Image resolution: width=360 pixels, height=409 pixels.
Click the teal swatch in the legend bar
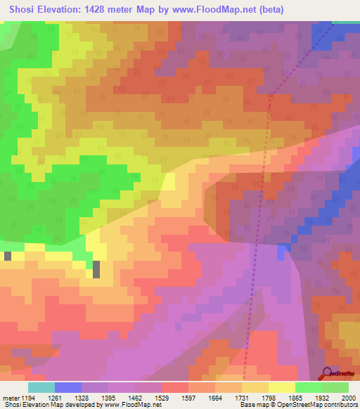(x=41, y=387)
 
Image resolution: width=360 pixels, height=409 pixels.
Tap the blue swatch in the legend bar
(x=67, y=387)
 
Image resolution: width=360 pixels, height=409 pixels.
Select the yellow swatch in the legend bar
(x=281, y=387)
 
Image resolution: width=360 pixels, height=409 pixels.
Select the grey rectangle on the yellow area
(x=96, y=268)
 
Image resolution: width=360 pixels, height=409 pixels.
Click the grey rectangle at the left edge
(x=7, y=256)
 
